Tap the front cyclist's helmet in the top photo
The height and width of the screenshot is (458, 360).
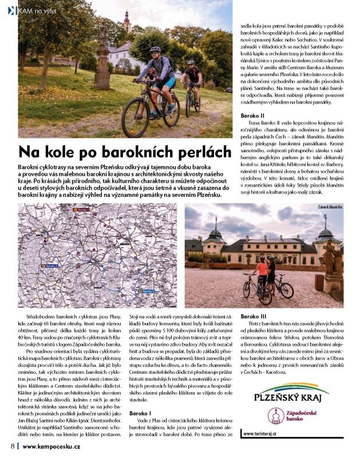pos(155,50)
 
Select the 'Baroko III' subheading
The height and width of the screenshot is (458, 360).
pos(254,316)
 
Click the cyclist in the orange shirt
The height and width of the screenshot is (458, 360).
pos(262,271)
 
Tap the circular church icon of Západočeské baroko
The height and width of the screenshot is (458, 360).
pos(279,415)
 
